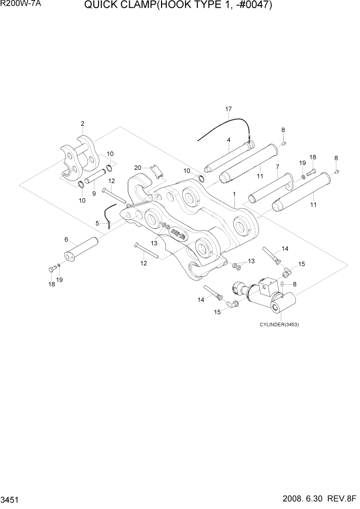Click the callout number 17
click(x=229, y=109)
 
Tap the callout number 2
click(x=82, y=124)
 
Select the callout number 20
click(x=137, y=168)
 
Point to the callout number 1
click(x=234, y=194)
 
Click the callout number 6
click(x=97, y=223)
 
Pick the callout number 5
click(x=66, y=240)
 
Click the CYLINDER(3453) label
click(x=278, y=325)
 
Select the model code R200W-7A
click(x=17, y=6)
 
